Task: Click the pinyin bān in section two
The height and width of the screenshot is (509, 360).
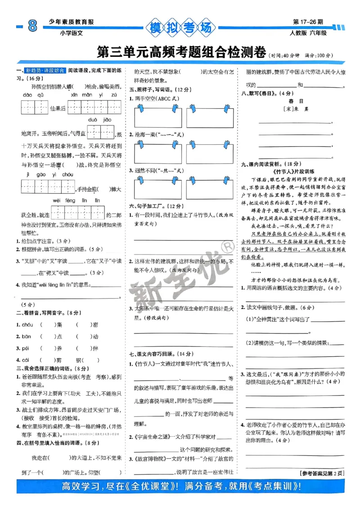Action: click(x=27, y=336)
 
